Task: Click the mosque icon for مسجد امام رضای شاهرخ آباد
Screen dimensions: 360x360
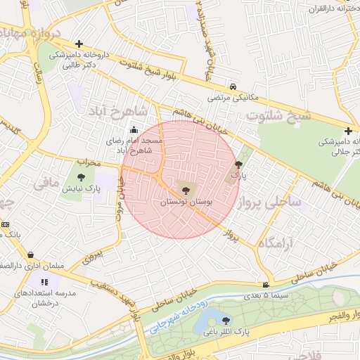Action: tap(134, 129)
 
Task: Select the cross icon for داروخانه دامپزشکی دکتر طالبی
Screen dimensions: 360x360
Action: tap(79, 44)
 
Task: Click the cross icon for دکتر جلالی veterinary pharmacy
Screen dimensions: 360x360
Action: tap(348, 131)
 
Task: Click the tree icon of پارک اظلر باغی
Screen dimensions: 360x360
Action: tap(225, 320)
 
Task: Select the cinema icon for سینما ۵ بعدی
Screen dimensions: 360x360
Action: tap(265, 285)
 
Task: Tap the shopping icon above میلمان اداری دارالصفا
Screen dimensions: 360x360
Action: tap(30, 255)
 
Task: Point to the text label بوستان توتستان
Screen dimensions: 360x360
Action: tap(186, 202)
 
